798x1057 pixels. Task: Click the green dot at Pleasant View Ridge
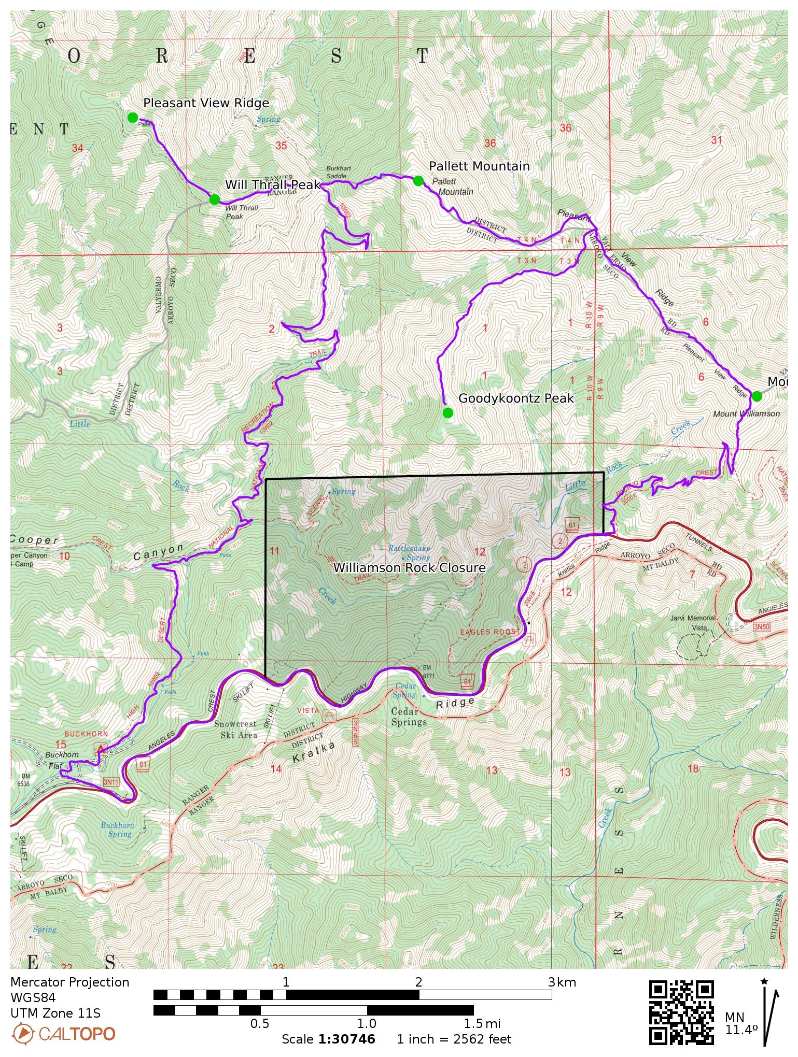(x=133, y=118)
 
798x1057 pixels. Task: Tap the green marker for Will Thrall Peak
(x=215, y=199)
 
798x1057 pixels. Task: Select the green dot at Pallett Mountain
(x=418, y=180)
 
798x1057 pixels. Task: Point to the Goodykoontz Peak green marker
(x=447, y=412)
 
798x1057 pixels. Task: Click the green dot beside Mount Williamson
(x=757, y=396)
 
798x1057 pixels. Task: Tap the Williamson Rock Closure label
(x=409, y=567)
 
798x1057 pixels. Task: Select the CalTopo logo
(x=64, y=1034)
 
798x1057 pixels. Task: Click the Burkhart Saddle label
(x=337, y=172)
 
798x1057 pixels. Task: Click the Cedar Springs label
(x=409, y=717)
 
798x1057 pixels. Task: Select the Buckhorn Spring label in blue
(x=118, y=830)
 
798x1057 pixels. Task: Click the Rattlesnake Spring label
(x=410, y=552)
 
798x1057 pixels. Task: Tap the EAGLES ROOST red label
(x=489, y=632)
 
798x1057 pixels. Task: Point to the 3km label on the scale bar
(x=562, y=982)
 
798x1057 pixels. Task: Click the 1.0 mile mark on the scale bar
(x=367, y=1023)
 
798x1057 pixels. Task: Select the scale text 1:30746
(x=346, y=1039)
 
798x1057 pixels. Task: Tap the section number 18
(x=693, y=768)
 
